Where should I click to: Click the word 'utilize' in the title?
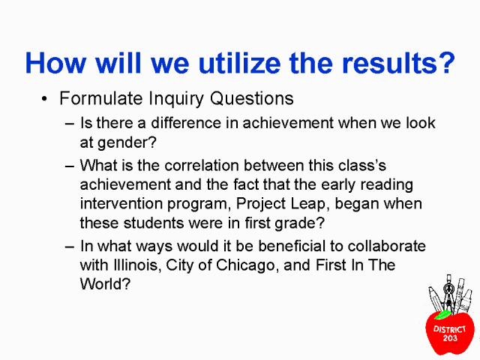tap(239, 63)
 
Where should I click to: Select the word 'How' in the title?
tap(55, 63)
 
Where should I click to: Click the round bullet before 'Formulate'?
tap(44, 98)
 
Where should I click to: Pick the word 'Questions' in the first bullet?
tap(252, 98)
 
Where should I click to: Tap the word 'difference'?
tap(186, 123)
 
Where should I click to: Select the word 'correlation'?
tap(202, 166)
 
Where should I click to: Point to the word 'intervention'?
tap(121, 203)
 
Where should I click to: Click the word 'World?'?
tap(105, 284)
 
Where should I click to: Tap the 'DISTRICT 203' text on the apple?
tap(450, 334)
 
